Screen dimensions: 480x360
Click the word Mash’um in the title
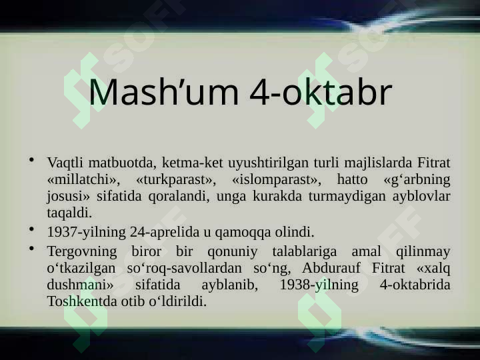tap(164, 91)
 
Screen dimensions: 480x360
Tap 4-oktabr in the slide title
tap(321, 91)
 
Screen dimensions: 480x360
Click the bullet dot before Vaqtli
tap(31, 160)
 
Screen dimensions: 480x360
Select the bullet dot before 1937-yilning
tap(31, 229)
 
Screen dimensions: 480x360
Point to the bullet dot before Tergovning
tap(31, 248)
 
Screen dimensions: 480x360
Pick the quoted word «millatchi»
tap(83, 179)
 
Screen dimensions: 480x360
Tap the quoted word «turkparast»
tap(176, 180)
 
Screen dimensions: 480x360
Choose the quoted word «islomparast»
tap(277, 180)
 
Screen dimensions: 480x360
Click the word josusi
tap(68, 197)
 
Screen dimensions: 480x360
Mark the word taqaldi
tap(69, 213)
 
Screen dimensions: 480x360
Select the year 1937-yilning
tap(86, 233)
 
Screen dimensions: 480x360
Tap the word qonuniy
tap(233, 252)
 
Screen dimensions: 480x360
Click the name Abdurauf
tap(331, 268)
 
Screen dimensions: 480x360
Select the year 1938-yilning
tap(319, 285)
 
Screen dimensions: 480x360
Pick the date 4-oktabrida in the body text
tap(415, 285)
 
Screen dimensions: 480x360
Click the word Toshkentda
tap(82, 301)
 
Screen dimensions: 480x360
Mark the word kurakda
tap(277, 196)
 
